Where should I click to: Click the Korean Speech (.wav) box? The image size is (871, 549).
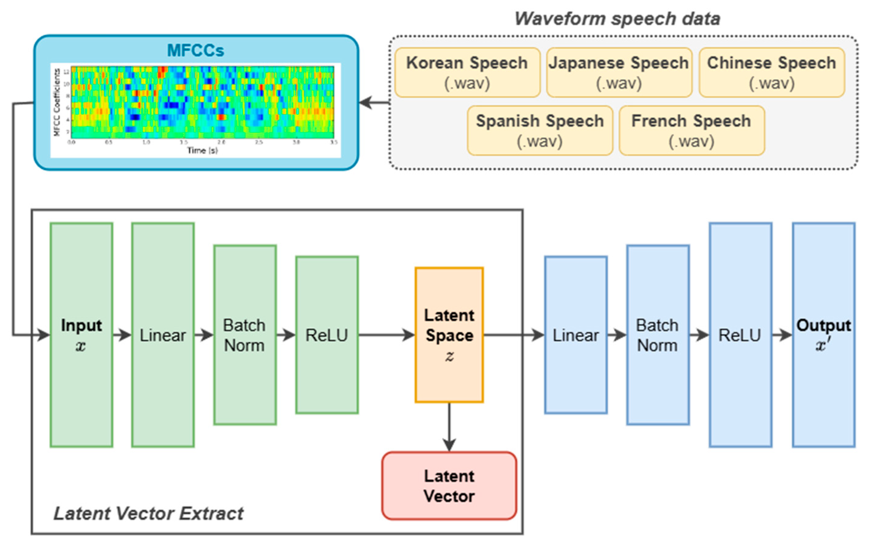pyautogui.click(x=467, y=73)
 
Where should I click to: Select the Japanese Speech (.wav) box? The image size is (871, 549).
pyautogui.click(x=619, y=73)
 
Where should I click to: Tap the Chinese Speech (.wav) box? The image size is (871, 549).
pyautogui.click(x=772, y=73)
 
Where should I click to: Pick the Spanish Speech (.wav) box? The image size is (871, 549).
pyautogui.click(x=540, y=131)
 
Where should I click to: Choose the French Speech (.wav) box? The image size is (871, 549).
pyautogui.click(x=691, y=131)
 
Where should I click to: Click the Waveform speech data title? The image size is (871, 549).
pyautogui.click(x=617, y=19)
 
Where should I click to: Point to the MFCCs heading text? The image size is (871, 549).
pyautogui.click(x=196, y=50)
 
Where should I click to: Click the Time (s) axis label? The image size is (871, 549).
pyautogui.click(x=202, y=150)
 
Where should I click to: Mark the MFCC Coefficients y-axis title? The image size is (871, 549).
pyautogui.click(x=56, y=103)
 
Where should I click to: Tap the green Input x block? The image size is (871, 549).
pyautogui.click(x=81, y=335)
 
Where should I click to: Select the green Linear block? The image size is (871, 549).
pyautogui.click(x=163, y=335)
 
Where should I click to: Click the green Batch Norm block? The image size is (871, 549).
pyautogui.click(x=245, y=335)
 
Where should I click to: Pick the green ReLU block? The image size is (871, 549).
pyautogui.click(x=327, y=335)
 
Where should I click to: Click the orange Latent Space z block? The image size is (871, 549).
pyautogui.click(x=449, y=335)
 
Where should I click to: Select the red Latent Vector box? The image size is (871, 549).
pyautogui.click(x=449, y=486)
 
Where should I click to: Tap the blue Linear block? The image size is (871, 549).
pyautogui.click(x=575, y=335)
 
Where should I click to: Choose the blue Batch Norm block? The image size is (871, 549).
pyautogui.click(x=658, y=335)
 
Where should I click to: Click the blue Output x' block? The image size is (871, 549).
pyautogui.click(x=824, y=335)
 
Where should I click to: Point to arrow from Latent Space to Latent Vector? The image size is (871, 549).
pyautogui.click(x=449, y=427)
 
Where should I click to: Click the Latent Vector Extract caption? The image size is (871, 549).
pyautogui.click(x=148, y=514)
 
